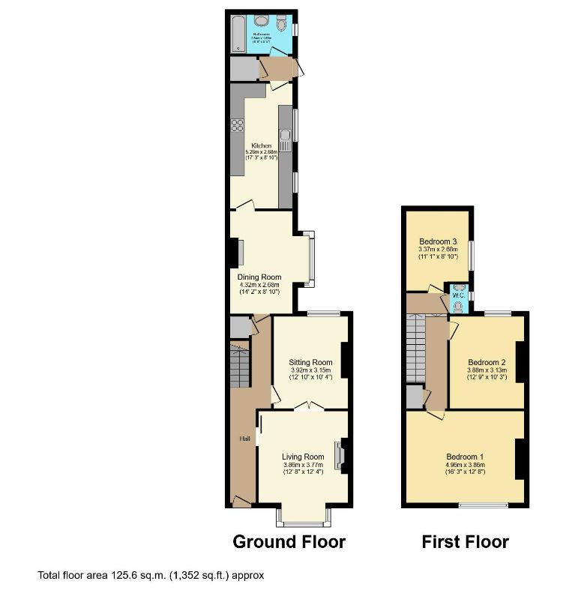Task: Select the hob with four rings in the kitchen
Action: (x=237, y=125)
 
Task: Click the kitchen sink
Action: (x=286, y=136)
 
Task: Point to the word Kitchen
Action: (x=261, y=145)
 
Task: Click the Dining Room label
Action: (x=259, y=277)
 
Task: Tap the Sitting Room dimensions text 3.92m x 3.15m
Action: (x=311, y=370)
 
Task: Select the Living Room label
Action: (x=303, y=457)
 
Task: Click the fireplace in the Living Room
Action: (x=340, y=454)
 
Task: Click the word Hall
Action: (x=244, y=439)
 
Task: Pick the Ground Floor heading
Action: (x=289, y=541)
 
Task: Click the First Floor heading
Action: (x=465, y=541)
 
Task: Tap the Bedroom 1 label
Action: (x=465, y=457)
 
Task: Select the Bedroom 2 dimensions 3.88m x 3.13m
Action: (x=487, y=370)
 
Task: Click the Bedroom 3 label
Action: (x=439, y=241)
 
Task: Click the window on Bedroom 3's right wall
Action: (x=471, y=254)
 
